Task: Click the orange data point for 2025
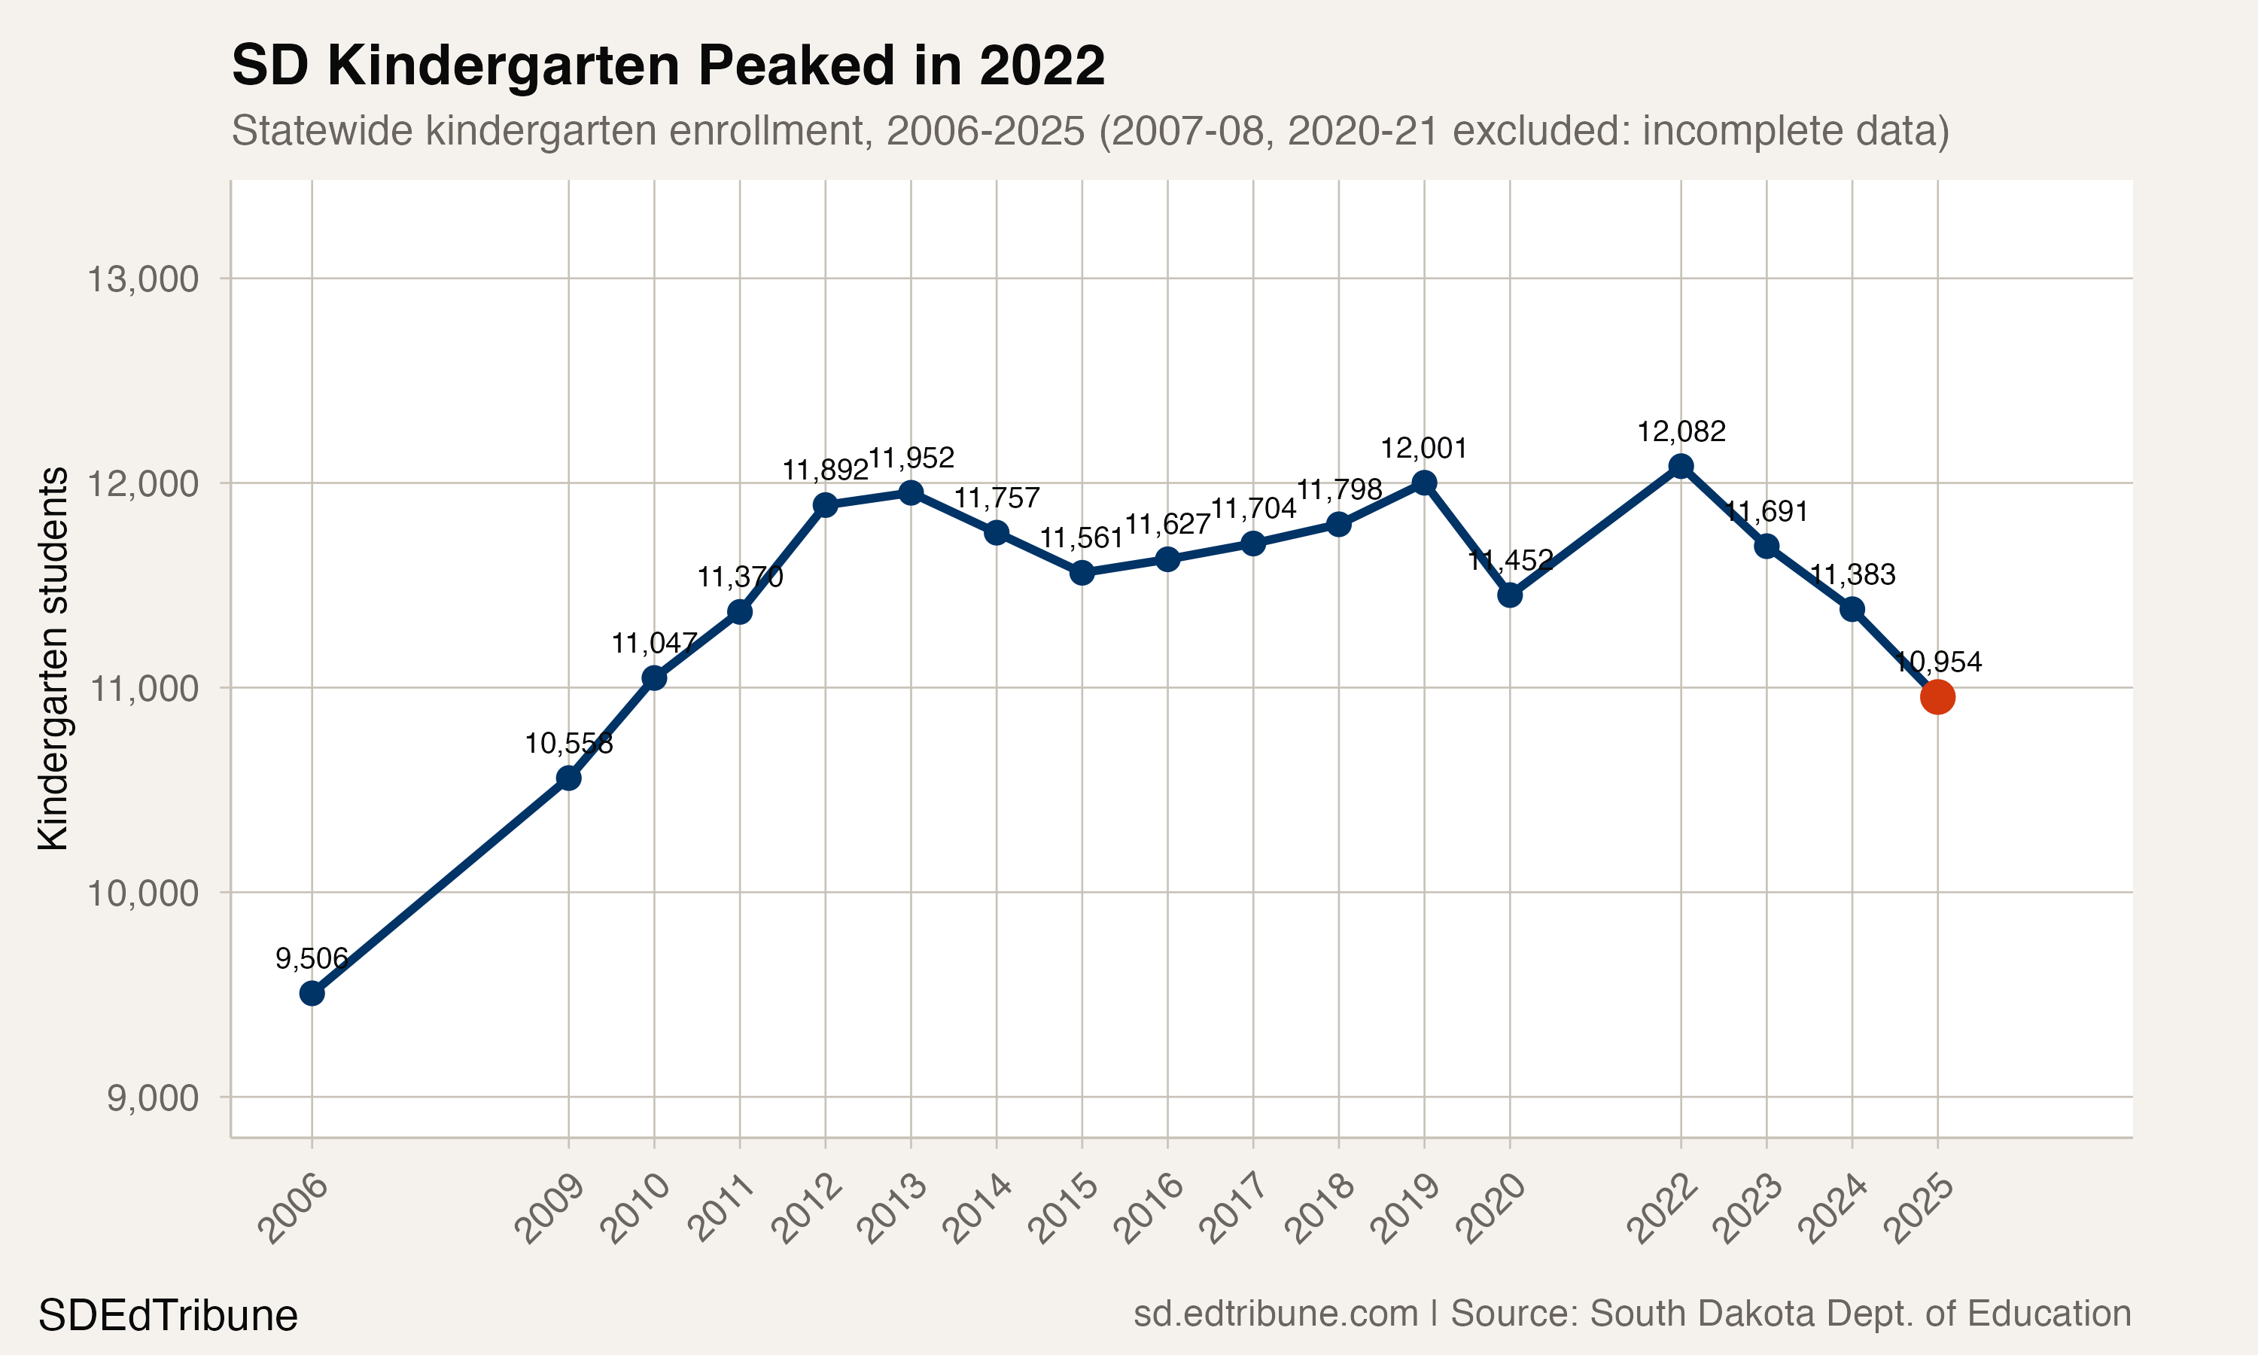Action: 1937,696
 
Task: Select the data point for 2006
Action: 312,992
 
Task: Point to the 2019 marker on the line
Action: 1424,482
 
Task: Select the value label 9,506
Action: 312,958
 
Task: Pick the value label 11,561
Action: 1082,537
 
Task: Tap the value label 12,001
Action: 1424,449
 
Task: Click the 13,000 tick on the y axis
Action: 142,279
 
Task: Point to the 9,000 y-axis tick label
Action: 153,1098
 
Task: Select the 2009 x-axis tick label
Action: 550,1210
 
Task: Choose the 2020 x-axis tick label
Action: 1491,1210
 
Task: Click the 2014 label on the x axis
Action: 978,1210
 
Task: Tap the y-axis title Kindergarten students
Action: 53,659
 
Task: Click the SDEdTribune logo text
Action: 168,1316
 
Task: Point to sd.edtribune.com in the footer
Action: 1275,1313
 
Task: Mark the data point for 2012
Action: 825,504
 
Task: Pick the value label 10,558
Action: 568,743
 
